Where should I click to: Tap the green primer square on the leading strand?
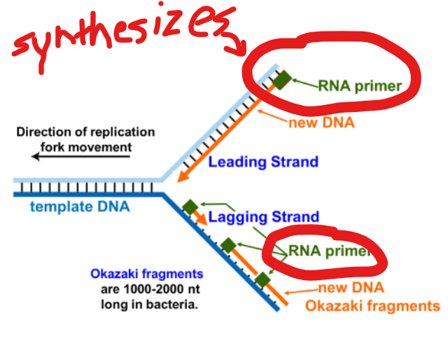click(281, 81)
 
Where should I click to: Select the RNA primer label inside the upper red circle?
click(360, 86)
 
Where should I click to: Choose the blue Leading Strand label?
click(263, 162)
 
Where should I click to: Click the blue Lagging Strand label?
click(263, 217)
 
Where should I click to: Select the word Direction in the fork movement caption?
click(43, 132)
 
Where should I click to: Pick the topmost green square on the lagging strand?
click(189, 207)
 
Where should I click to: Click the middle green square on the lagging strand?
click(227, 245)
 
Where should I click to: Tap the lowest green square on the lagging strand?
click(262, 281)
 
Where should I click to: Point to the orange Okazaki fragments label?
click(372, 306)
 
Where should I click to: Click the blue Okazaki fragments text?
click(147, 275)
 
